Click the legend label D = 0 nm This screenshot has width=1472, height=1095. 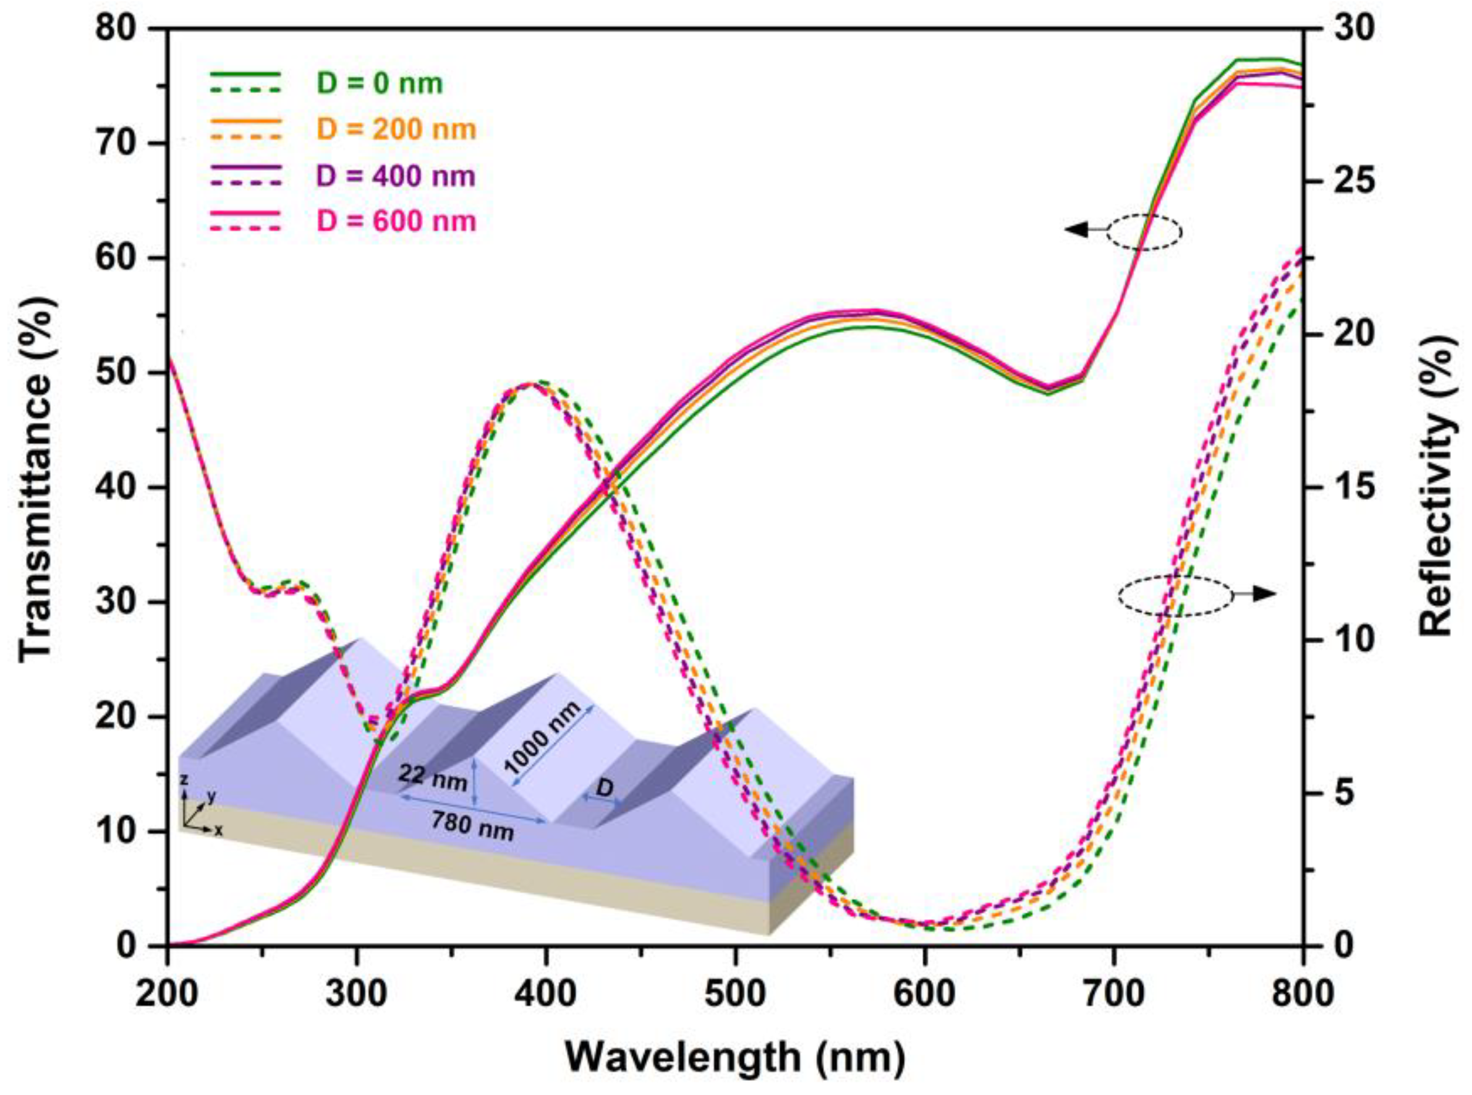[380, 84]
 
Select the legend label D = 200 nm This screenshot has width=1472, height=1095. [396, 129]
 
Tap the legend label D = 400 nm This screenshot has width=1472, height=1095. [396, 176]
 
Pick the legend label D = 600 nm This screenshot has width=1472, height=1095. [396, 221]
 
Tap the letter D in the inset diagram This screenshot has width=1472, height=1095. [604, 788]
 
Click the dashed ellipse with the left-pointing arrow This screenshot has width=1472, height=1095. [1144, 231]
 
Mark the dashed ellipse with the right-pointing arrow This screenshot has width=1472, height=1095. [1176, 595]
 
